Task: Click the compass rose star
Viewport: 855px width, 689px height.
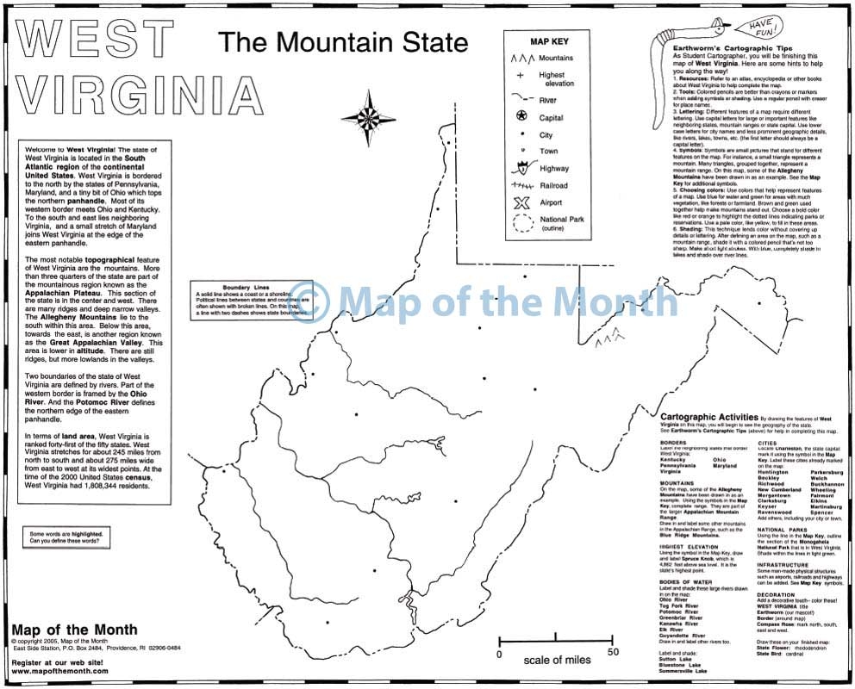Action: [x=368, y=118]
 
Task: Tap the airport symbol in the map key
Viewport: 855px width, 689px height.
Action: [x=520, y=203]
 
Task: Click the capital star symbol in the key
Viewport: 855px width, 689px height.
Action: [x=521, y=116]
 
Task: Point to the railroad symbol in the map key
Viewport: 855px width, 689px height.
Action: [x=521, y=185]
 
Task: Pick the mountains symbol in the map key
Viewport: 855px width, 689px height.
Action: [x=520, y=59]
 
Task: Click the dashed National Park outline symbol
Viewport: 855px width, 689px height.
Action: [x=521, y=225]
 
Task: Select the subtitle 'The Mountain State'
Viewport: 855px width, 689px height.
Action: [x=342, y=42]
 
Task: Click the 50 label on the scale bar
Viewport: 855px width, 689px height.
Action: [x=613, y=653]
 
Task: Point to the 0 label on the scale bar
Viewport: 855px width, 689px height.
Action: [x=500, y=653]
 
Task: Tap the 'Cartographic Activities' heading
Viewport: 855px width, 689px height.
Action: [x=708, y=416]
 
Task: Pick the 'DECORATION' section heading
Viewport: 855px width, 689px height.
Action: [x=777, y=593]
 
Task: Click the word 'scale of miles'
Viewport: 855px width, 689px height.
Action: [x=556, y=660]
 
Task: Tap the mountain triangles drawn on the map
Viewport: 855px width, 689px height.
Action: [x=611, y=335]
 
